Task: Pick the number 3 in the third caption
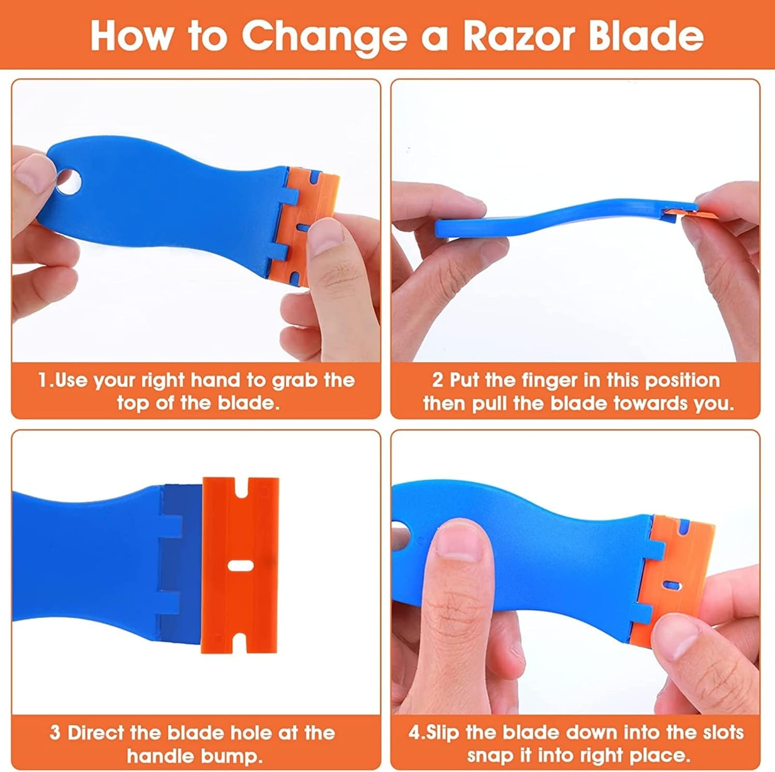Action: pos(55,733)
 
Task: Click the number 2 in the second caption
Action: pos(437,380)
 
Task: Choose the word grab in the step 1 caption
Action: pos(296,380)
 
